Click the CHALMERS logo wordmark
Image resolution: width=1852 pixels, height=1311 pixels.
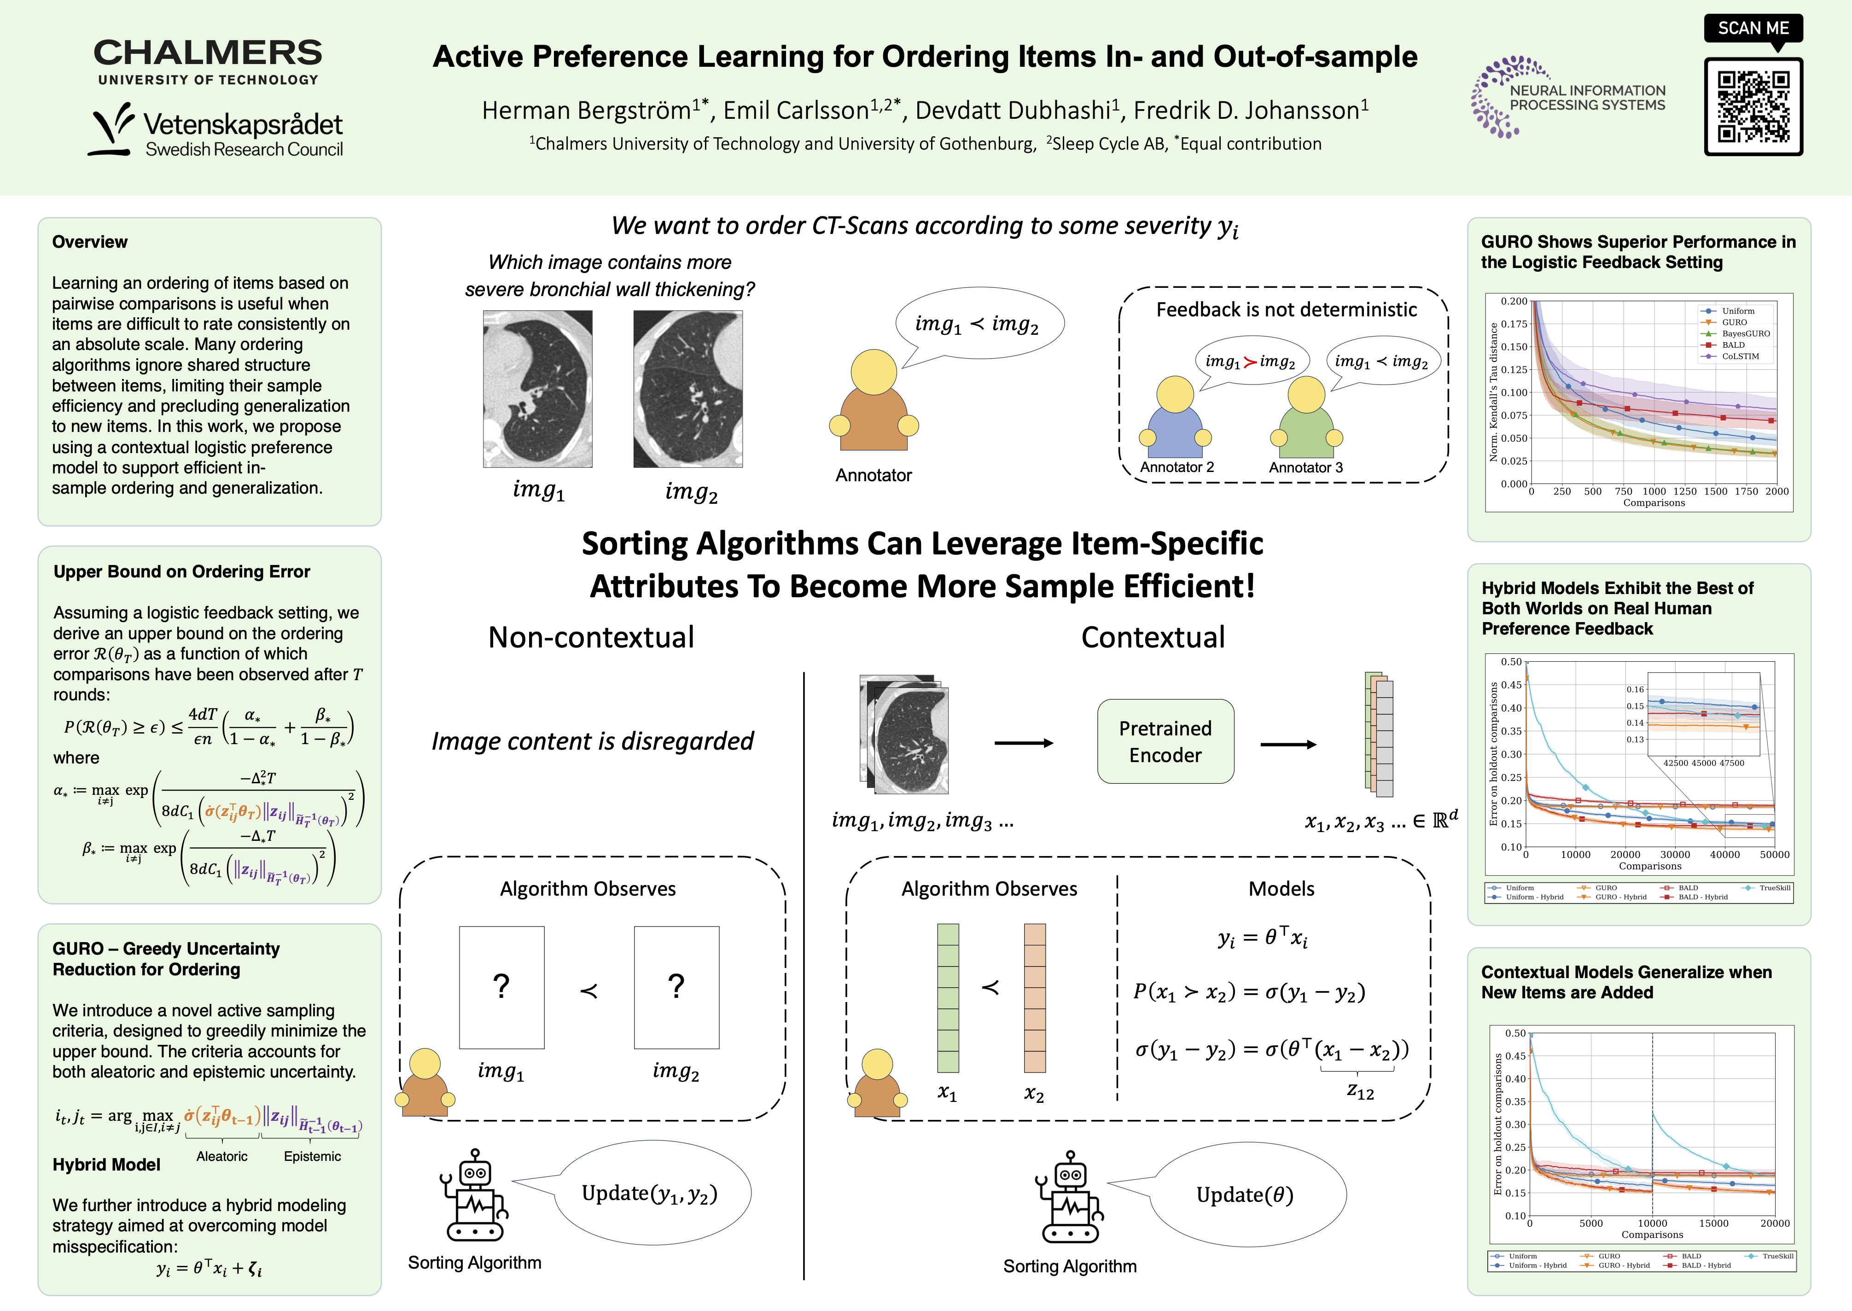[208, 53]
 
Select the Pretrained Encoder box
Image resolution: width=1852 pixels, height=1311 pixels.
[1165, 741]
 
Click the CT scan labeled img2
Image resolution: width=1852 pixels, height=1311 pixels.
[688, 389]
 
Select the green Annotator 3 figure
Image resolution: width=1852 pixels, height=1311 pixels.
[1306, 418]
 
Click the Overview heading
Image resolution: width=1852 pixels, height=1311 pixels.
[90, 242]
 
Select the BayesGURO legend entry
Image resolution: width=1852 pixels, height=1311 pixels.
[1746, 333]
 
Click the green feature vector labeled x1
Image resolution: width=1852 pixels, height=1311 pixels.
[948, 998]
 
